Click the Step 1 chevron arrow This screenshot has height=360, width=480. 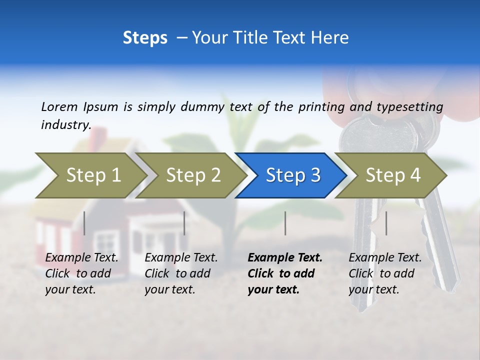93,175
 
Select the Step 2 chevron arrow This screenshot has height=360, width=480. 193,175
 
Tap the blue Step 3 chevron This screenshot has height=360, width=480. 292,175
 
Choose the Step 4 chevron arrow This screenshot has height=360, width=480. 392,175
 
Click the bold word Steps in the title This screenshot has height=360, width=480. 145,37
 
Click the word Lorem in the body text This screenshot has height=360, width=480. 59,106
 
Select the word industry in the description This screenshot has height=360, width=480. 65,124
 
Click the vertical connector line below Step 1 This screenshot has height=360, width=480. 84,223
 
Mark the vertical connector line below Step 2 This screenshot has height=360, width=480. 184,223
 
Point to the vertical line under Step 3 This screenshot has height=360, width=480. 285,223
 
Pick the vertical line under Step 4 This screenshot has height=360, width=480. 386,223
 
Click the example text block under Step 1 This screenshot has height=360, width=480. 81,273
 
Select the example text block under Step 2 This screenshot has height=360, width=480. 181,273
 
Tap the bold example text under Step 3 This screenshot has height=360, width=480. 285,273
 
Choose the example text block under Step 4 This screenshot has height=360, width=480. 385,273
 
